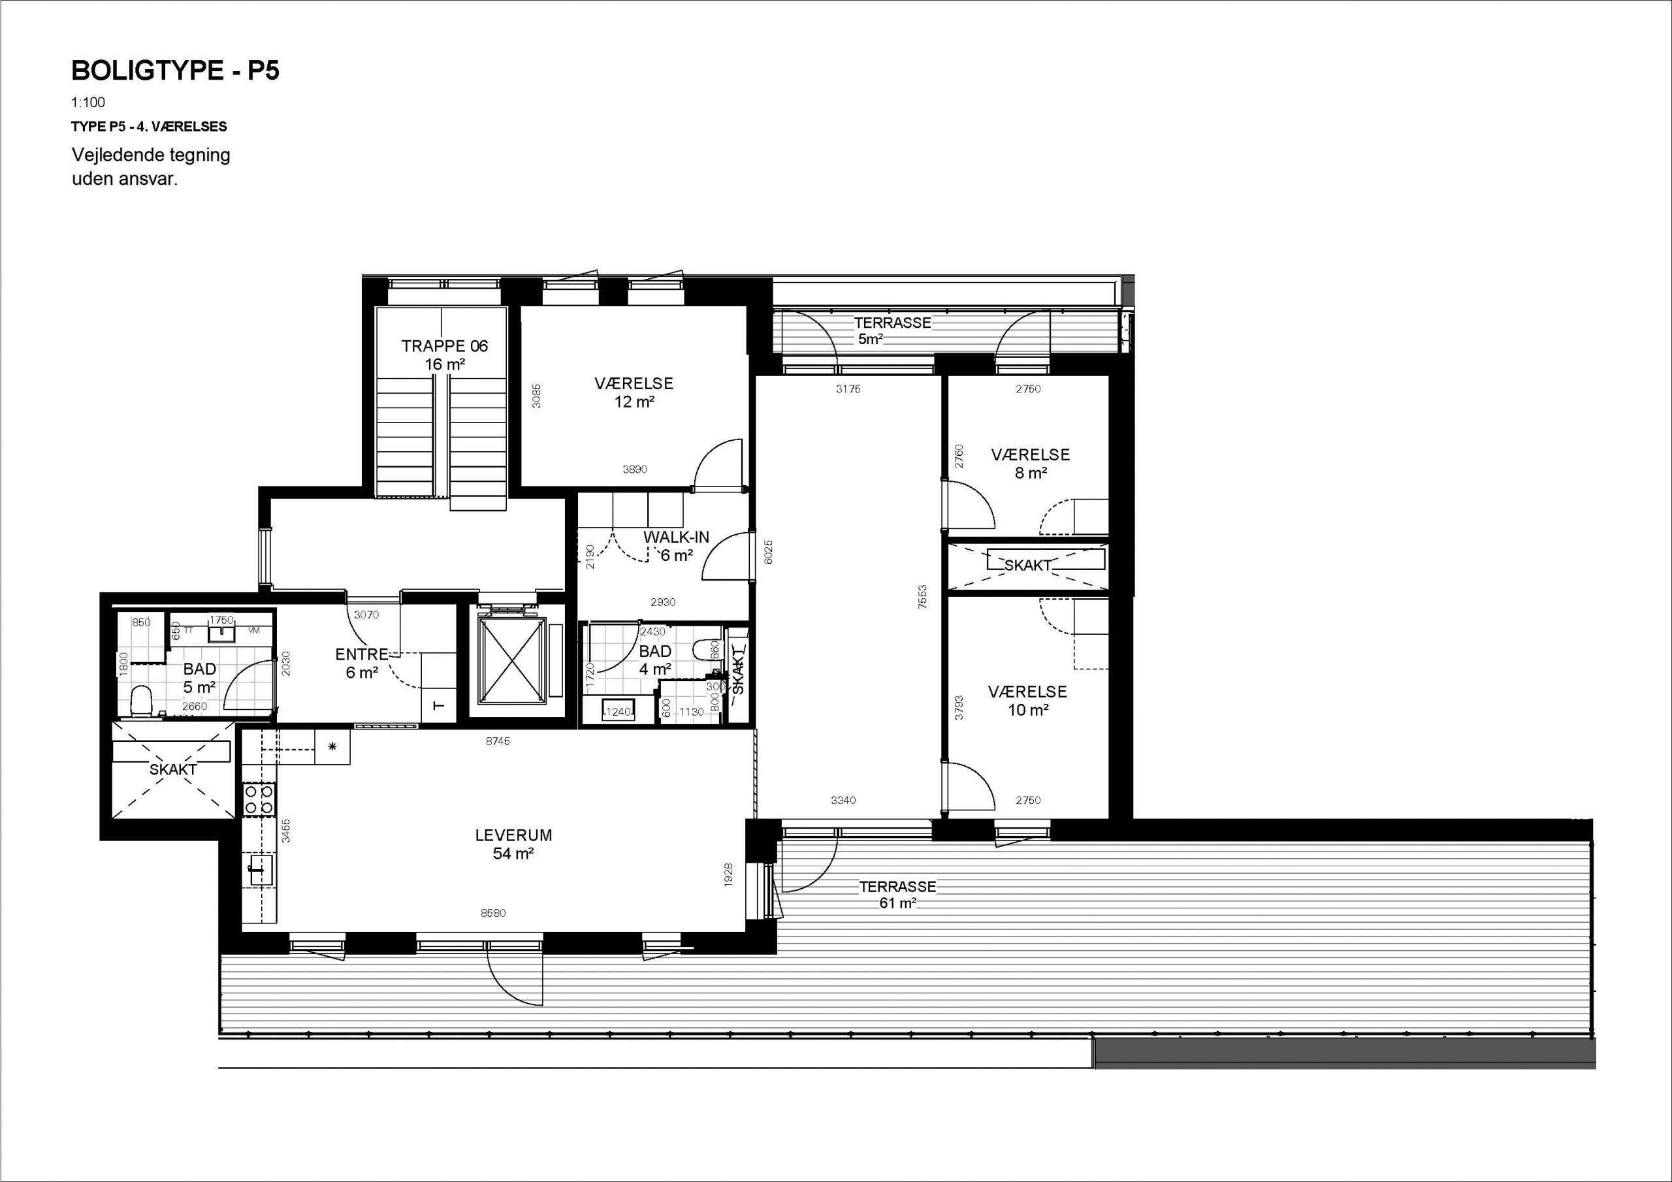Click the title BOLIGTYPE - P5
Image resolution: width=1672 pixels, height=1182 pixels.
click(176, 71)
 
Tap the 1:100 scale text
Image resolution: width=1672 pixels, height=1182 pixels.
click(88, 103)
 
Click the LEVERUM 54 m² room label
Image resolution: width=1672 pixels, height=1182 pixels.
click(513, 844)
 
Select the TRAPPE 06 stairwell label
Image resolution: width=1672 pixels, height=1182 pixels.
click(444, 355)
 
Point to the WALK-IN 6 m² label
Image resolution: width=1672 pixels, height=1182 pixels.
click(676, 546)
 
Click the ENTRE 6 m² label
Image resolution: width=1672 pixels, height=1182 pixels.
click(362, 663)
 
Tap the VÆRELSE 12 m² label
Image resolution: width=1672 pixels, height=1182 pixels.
click(634, 392)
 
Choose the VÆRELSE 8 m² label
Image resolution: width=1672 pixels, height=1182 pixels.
click(1031, 463)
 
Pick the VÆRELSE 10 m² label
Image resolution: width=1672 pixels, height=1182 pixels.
click(1027, 700)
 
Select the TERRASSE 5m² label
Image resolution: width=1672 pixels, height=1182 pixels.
click(892, 330)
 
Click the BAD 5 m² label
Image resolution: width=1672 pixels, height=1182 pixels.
click(200, 677)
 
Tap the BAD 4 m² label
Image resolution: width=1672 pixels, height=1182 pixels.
click(655, 660)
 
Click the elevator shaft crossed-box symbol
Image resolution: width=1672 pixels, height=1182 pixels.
click(511, 660)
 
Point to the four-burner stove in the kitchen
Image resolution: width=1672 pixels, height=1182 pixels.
click(259, 799)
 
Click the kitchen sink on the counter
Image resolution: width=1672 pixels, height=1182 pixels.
click(261, 870)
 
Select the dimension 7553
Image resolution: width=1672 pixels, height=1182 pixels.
click(922, 597)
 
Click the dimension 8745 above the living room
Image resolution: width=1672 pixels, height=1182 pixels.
click(498, 741)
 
